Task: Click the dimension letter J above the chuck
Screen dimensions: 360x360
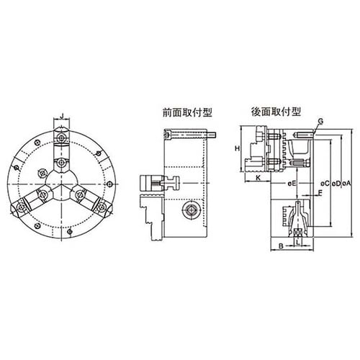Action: (x=63, y=114)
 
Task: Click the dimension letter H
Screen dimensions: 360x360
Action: (x=237, y=148)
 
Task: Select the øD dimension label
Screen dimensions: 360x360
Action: (x=337, y=184)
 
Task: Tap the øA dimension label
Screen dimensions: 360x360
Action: (x=349, y=184)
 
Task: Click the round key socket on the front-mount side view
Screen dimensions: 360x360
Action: (x=192, y=210)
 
